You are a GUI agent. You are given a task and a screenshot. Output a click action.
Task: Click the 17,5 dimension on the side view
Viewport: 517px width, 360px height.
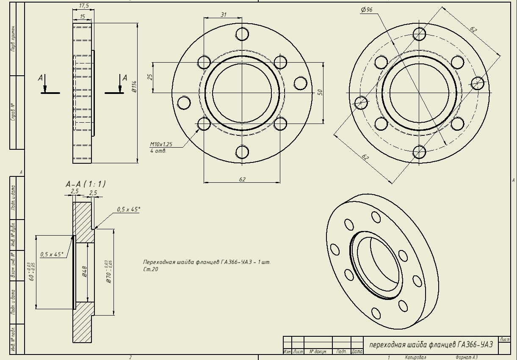(x=84, y=6)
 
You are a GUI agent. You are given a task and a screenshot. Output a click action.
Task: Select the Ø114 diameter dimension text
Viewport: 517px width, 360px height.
(x=134, y=86)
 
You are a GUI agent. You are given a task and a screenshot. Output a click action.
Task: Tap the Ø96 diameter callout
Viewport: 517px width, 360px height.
(x=367, y=10)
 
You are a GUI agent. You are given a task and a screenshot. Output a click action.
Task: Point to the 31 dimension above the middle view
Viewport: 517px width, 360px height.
(x=224, y=15)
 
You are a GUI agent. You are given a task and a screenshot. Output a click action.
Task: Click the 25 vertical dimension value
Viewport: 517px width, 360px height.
(x=149, y=77)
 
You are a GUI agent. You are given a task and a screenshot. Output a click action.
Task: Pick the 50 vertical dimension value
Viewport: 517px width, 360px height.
(x=320, y=92)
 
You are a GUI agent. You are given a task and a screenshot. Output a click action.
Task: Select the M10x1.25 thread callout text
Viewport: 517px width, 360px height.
(x=161, y=144)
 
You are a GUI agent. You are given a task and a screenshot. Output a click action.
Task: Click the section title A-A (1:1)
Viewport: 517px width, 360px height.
(x=85, y=184)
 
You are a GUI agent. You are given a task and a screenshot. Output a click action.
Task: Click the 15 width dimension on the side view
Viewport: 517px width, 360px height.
(x=82, y=16)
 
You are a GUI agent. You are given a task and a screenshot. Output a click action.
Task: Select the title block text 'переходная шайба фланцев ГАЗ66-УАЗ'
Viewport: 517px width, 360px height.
(x=431, y=345)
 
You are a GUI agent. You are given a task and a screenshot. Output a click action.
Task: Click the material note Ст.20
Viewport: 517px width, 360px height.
(x=150, y=269)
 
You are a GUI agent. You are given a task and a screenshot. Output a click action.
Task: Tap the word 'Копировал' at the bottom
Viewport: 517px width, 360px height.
(x=415, y=357)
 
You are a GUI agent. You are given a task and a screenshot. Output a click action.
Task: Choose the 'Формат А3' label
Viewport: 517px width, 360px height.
(x=466, y=357)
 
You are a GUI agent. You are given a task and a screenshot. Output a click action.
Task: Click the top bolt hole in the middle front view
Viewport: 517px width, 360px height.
(x=242, y=34)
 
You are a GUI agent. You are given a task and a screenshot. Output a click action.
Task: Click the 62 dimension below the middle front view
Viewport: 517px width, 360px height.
(x=242, y=179)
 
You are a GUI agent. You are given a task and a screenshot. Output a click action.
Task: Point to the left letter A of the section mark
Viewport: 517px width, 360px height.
(x=41, y=78)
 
